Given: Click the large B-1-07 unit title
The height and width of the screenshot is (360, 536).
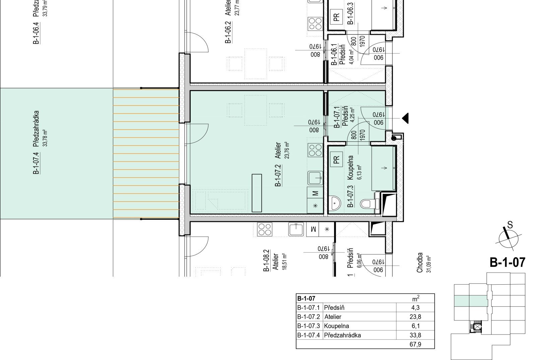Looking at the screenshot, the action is pos(507,263).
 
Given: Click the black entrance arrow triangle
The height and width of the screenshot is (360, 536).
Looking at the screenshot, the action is pos(405,118).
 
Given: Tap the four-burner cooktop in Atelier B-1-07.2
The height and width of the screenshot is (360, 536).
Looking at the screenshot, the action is pos(315,150).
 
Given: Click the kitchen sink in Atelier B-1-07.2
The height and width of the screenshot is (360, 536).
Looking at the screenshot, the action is pos(315,178).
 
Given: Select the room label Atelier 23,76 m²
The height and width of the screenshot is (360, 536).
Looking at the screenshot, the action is pos(282,150).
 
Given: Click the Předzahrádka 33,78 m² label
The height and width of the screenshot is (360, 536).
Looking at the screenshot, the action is pos(40,129).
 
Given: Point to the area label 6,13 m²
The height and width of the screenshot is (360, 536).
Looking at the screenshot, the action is pos(359,172).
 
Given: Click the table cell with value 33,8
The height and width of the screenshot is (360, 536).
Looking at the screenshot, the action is pos(415,335).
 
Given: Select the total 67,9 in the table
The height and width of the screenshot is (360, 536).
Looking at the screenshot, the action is pos(415,344).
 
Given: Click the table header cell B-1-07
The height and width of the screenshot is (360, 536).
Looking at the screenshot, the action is pos(306,298).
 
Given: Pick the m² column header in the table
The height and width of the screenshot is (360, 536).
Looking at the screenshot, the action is pos(416,298).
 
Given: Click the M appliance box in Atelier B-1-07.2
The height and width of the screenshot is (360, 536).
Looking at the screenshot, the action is pos(315,193).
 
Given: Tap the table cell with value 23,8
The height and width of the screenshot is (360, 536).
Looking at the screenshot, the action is pos(415,317).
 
